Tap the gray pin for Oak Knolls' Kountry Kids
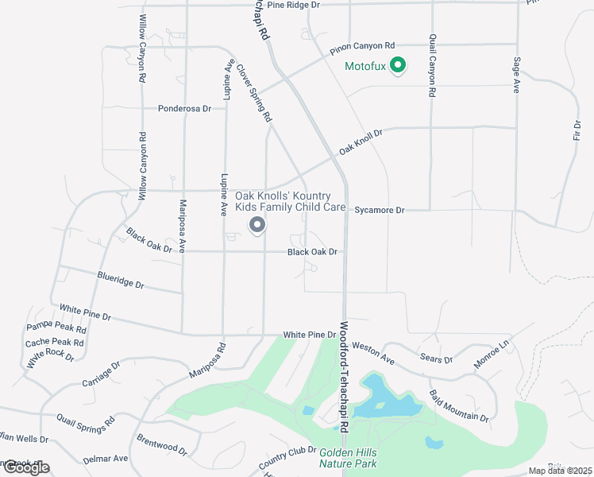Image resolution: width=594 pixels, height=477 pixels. [256, 227]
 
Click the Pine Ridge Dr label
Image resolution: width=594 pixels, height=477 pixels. [293, 5]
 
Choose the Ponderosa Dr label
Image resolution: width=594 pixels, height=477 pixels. [185, 109]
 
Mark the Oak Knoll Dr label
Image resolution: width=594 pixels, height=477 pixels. [361, 142]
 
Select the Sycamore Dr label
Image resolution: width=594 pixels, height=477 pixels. [380, 211]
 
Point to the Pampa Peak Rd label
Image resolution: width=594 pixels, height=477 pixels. [56, 327]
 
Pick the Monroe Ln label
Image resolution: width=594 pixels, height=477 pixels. [492, 354]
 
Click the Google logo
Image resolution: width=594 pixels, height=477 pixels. [25, 467]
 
